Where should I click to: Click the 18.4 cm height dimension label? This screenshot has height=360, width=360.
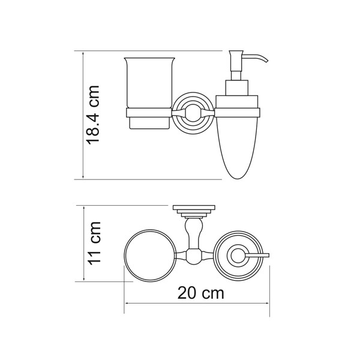coord(93,115)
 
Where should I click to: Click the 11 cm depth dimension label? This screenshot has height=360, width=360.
coord(94,244)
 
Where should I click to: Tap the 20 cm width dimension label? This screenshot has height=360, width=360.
coord(200,293)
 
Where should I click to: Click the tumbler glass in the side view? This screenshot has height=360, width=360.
coord(149,93)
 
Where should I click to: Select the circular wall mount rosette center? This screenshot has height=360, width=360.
coord(193,113)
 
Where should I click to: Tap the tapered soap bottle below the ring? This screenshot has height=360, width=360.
coord(238,147)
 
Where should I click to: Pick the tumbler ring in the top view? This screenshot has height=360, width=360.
coord(151,255)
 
